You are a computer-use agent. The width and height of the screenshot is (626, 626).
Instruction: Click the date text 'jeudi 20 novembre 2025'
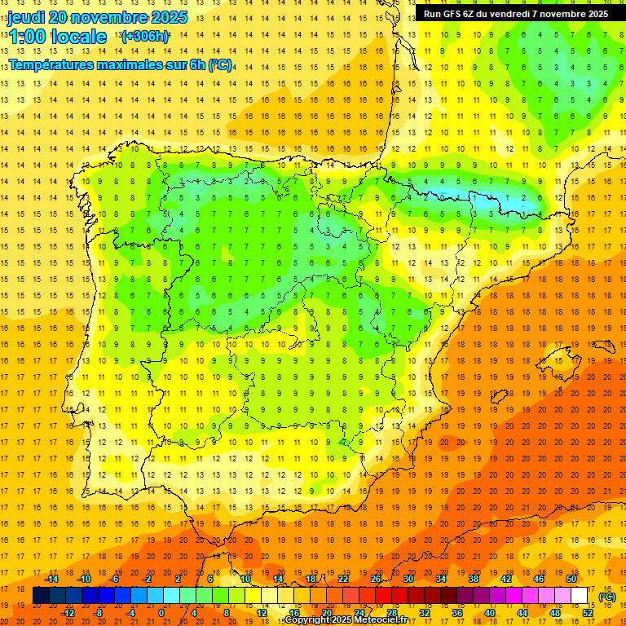point(98,17)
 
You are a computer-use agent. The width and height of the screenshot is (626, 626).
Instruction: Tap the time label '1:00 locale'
point(57,37)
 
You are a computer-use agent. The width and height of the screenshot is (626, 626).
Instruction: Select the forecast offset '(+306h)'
point(144,37)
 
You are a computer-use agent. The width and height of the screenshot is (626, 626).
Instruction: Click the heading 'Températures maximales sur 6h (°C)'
point(119,64)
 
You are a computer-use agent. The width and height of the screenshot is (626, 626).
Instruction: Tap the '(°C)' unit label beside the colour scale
point(606,597)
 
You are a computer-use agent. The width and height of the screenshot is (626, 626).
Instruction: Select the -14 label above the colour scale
point(51,579)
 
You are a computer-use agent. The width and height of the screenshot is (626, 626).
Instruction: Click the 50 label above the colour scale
point(571,579)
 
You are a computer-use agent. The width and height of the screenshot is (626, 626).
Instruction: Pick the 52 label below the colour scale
point(588,613)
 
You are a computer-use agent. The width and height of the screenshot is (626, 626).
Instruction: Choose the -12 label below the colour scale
point(68,613)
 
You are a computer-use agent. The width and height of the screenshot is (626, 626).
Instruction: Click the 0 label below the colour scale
point(161,613)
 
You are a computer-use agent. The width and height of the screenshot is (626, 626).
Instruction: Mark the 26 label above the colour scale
point(376,579)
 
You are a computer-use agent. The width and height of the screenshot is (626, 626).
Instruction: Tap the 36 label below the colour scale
point(457,613)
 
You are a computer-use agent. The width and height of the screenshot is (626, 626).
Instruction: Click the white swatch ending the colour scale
point(579,596)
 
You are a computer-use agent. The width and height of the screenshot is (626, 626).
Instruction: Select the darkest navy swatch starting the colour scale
point(41,596)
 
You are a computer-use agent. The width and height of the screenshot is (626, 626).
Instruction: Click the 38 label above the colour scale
point(474,579)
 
